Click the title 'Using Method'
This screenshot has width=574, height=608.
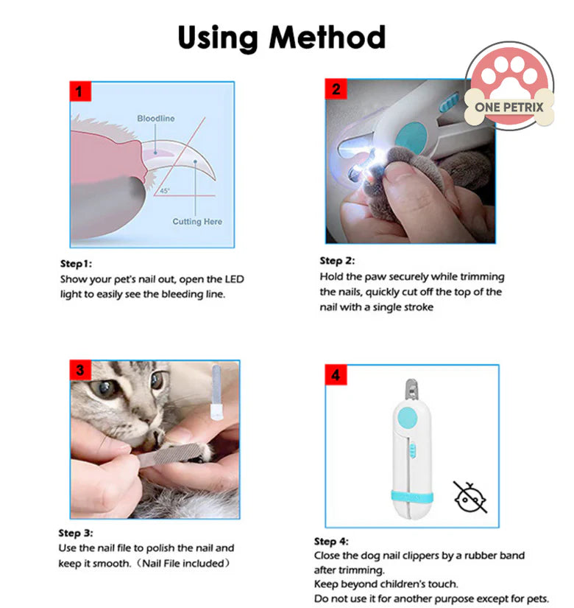(281, 36)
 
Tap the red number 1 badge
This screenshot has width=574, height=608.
(80, 92)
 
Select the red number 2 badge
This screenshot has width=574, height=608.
(336, 90)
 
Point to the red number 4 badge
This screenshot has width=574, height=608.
(336, 375)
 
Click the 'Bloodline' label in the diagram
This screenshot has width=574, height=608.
(155, 118)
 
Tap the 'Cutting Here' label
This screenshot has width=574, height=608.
(196, 221)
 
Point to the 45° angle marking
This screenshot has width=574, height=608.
(164, 191)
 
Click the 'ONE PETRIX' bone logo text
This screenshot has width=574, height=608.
(509, 108)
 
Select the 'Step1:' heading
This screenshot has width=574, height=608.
(77, 263)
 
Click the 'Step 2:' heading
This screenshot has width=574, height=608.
(337, 261)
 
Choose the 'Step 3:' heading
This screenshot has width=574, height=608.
(77, 533)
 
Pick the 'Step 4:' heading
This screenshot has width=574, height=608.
(332, 541)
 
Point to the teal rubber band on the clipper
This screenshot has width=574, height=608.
(411, 492)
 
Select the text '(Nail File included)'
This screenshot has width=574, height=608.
(196, 563)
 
